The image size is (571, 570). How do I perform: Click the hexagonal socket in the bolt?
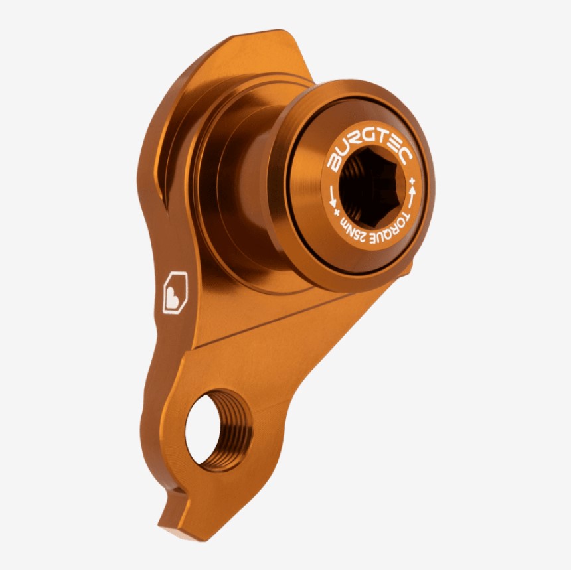[x=371, y=186]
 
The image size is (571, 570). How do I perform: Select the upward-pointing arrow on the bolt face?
[x=412, y=196]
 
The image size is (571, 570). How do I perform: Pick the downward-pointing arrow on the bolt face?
[x=333, y=196]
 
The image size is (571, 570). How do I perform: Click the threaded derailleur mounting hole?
[x=218, y=431]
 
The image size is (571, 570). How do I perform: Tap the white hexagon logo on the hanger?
[x=175, y=292]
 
